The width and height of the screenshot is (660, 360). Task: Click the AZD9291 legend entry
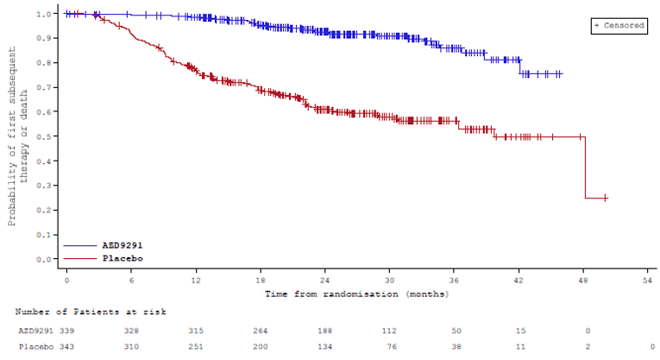click(x=123, y=246)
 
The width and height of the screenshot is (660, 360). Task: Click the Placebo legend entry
click(x=123, y=258)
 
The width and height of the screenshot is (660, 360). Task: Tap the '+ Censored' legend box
click(x=619, y=26)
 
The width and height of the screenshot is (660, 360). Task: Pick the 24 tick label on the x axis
click(x=325, y=281)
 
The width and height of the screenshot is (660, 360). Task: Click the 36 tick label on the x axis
click(x=455, y=281)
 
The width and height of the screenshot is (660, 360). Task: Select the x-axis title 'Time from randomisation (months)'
click(x=356, y=294)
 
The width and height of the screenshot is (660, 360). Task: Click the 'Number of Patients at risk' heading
click(x=91, y=312)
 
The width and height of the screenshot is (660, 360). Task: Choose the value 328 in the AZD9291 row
click(x=131, y=330)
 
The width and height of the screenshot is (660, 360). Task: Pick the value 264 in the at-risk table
click(x=261, y=330)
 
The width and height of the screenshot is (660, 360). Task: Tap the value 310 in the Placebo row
click(x=131, y=347)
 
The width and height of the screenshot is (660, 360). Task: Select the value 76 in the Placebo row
click(x=390, y=347)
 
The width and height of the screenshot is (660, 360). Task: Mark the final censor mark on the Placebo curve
click(x=606, y=198)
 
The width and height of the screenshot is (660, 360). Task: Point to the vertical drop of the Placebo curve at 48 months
click(x=585, y=168)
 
